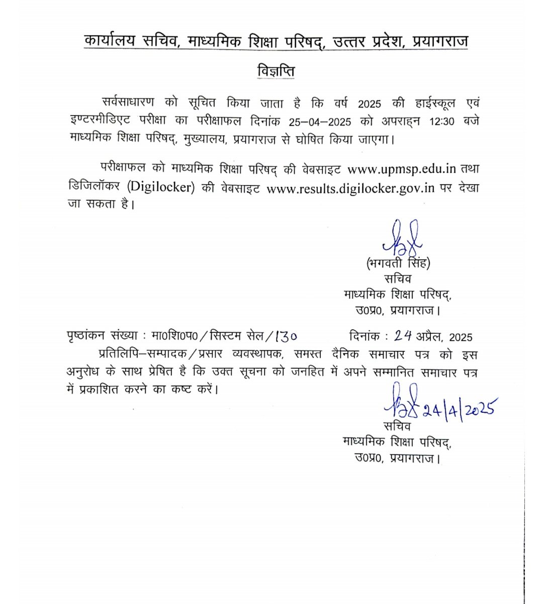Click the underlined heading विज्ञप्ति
pos(274,70)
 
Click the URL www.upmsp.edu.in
pos(402,169)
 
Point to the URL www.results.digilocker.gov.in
pos(350,188)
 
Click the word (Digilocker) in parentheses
pos(160,187)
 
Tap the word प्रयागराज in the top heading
pos(440,41)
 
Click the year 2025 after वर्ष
pos(369,104)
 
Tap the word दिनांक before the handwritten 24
pos(366,336)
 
